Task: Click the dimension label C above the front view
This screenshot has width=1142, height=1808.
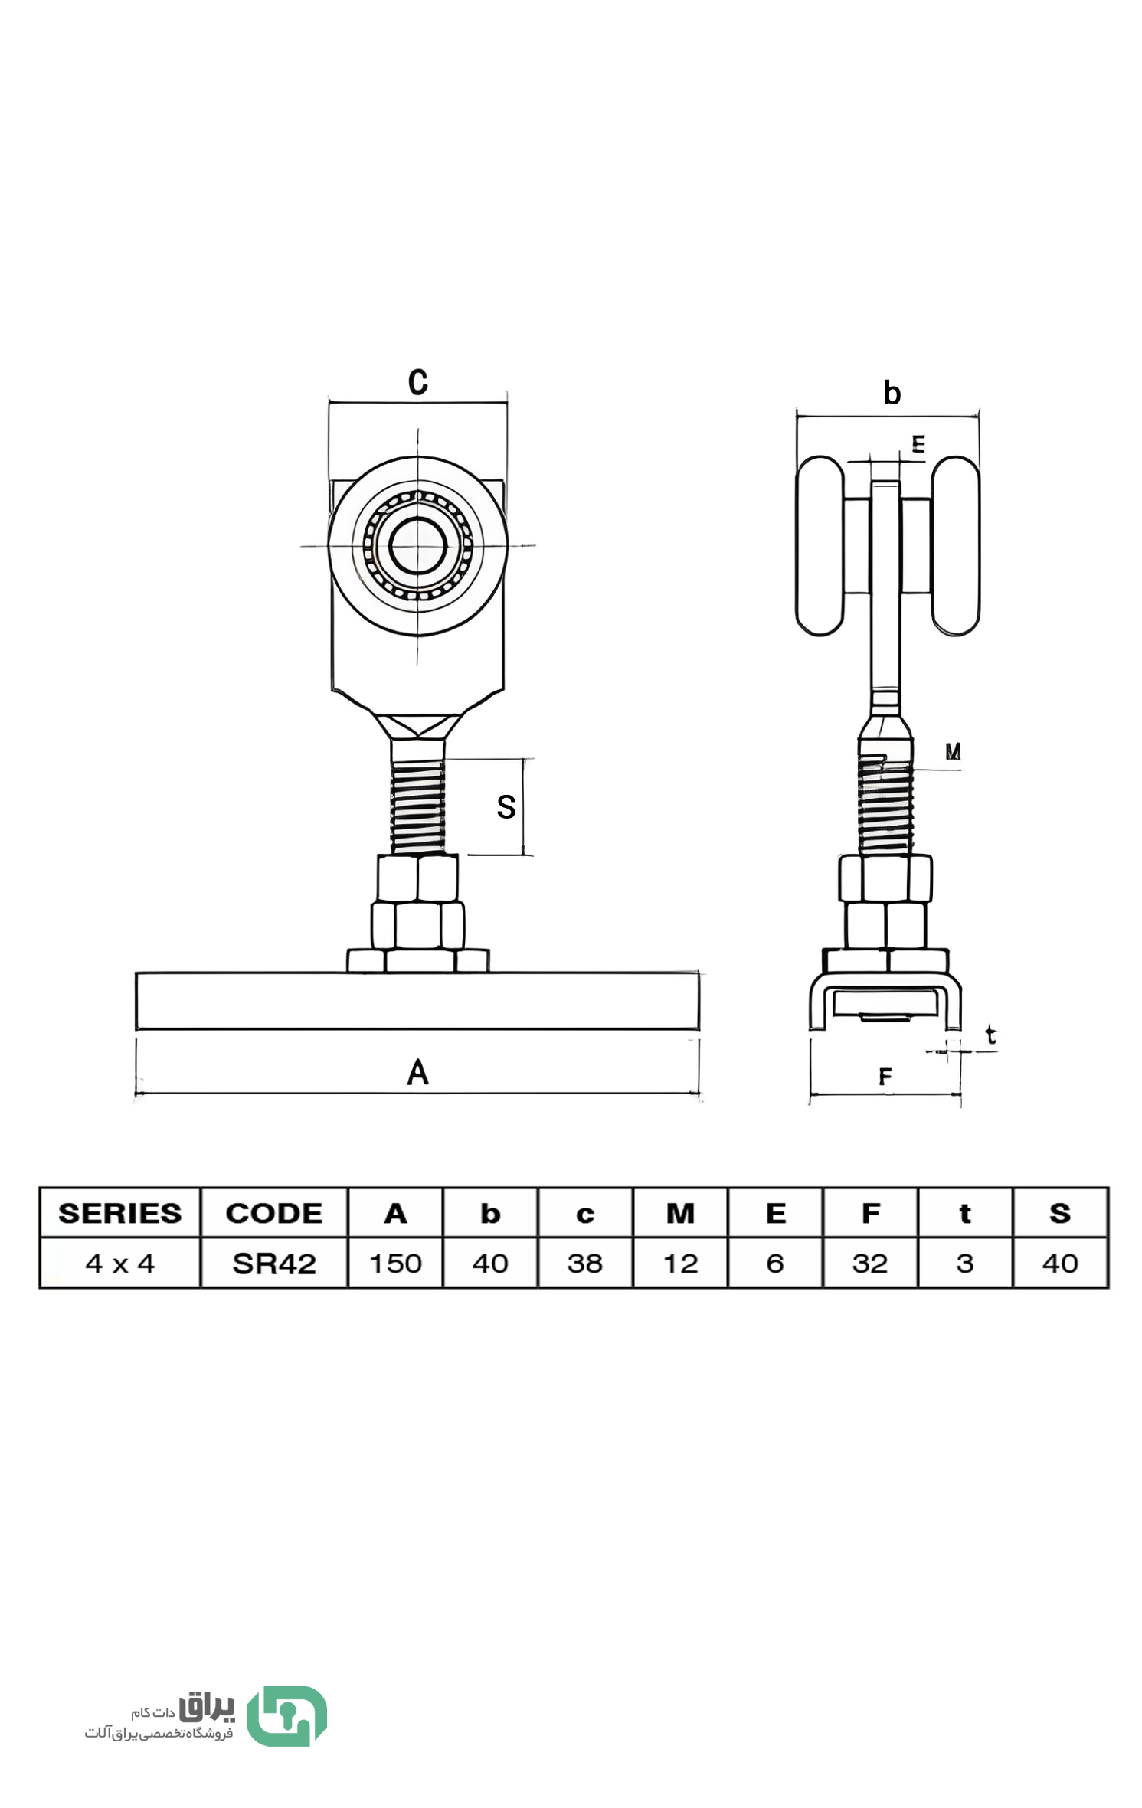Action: pyautogui.click(x=417, y=381)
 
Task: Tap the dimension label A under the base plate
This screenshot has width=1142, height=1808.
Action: pyautogui.click(x=417, y=1072)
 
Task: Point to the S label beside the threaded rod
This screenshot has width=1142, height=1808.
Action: pyautogui.click(x=506, y=806)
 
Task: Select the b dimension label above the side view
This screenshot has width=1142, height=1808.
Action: pyautogui.click(x=892, y=393)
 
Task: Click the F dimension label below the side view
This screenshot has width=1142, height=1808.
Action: pyautogui.click(x=885, y=1077)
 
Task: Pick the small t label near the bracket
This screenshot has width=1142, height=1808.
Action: pyautogui.click(x=990, y=1035)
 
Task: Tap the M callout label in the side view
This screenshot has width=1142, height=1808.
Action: pyautogui.click(x=952, y=751)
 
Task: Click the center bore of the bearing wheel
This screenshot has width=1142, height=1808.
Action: pyautogui.click(x=417, y=545)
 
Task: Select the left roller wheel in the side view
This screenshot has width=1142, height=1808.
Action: pyautogui.click(x=820, y=546)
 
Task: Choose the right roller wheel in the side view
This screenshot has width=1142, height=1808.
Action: pyautogui.click(x=955, y=546)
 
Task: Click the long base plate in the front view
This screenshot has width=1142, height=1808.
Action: pyautogui.click(x=417, y=1000)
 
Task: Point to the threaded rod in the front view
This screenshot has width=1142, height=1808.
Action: pyautogui.click(x=417, y=806)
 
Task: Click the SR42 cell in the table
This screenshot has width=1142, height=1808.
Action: pyautogui.click(x=274, y=1264)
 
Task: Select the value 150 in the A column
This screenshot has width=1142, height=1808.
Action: pyautogui.click(x=395, y=1264)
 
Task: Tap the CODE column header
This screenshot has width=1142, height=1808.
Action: pyautogui.click(x=274, y=1213)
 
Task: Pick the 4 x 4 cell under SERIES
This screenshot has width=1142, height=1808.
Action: pyautogui.click(x=120, y=1264)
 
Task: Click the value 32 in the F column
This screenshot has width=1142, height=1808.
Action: pyautogui.click(x=870, y=1264)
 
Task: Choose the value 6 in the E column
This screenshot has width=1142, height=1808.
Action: pyautogui.click(x=775, y=1264)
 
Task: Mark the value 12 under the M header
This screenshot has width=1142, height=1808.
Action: pyautogui.click(x=680, y=1264)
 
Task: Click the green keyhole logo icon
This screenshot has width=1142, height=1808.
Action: pyautogui.click(x=287, y=1716)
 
